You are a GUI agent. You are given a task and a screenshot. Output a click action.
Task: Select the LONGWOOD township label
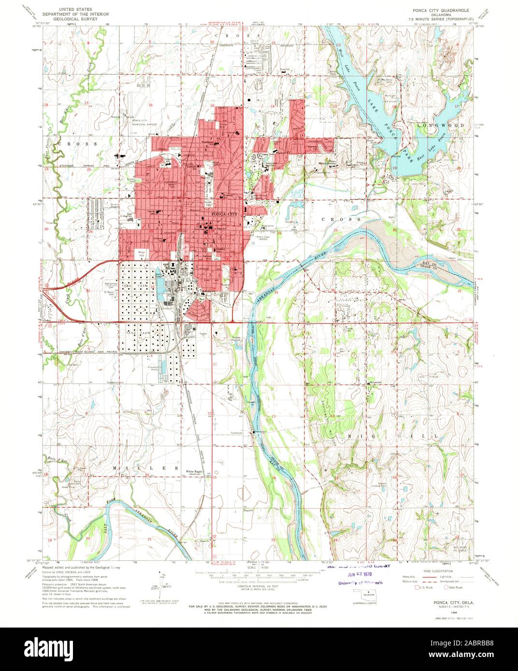(440, 126)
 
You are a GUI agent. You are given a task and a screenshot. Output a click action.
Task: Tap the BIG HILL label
(421, 435)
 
